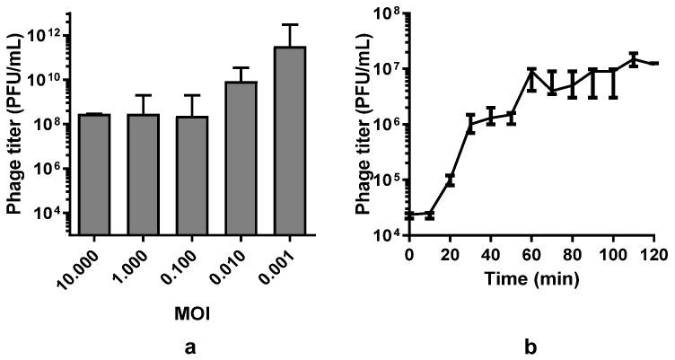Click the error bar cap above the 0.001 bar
(292, 24)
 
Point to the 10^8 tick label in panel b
(387, 14)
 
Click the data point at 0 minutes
(408, 215)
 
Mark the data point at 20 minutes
(450, 180)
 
